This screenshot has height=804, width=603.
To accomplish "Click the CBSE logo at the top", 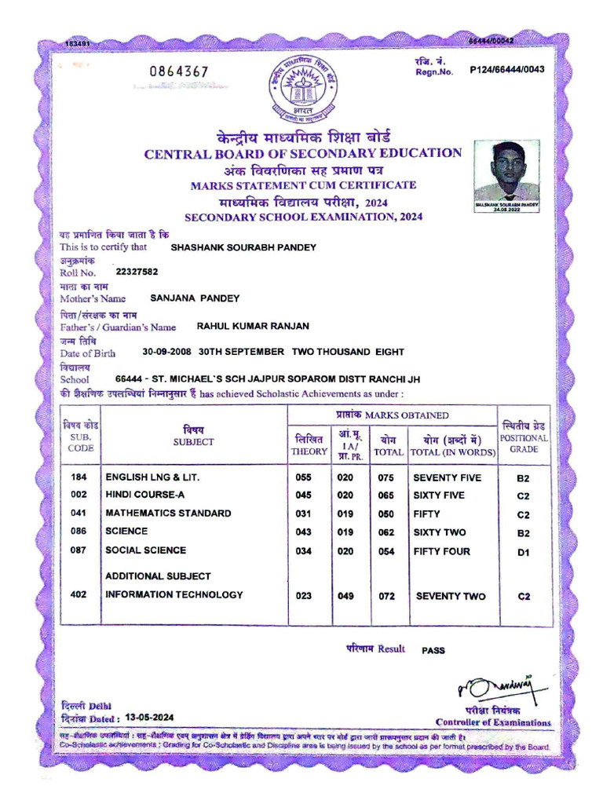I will [302, 86].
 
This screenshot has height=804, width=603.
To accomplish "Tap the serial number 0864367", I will [179, 72].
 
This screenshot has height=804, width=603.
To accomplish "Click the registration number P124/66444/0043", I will [507, 70].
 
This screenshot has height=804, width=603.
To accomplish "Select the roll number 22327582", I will [137, 271].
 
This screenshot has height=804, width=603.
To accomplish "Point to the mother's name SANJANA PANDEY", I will [195, 298].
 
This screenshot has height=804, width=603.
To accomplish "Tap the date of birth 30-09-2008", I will [168, 353].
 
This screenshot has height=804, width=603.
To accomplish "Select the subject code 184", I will [79, 477].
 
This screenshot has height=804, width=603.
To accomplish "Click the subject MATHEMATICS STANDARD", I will [168, 513].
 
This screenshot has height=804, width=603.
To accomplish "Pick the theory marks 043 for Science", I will [304, 532].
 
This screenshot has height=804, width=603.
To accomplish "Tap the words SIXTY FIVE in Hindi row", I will [439, 495].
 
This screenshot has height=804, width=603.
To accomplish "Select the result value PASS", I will [433, 651].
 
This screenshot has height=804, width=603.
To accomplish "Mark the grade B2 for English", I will [524, 478].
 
